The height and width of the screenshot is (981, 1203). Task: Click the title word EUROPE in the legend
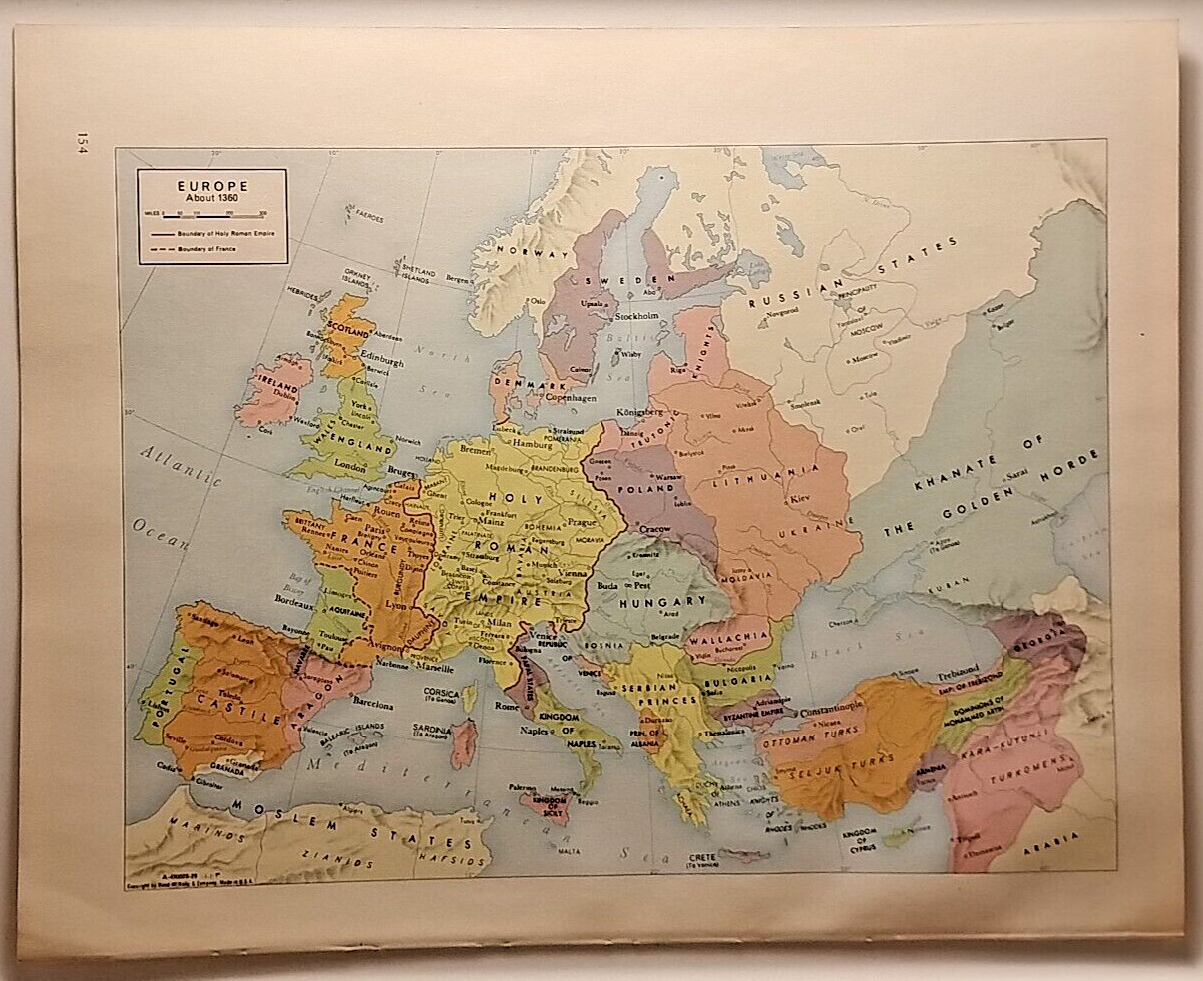[212, 185]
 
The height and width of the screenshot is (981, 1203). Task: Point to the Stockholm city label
[638, 316]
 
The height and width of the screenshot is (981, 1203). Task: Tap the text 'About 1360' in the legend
[212, 197]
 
